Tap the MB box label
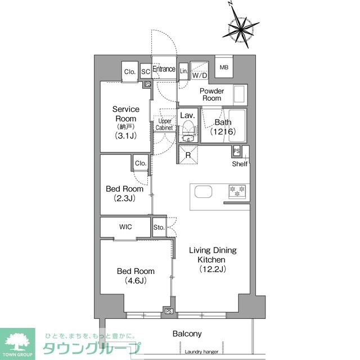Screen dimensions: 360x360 224,67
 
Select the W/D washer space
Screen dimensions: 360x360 200,75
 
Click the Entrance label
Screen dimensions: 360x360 164,70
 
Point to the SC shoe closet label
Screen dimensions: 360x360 145,71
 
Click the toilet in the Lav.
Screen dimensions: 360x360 187,133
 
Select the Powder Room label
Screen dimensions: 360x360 211,94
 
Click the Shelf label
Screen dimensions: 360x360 240,164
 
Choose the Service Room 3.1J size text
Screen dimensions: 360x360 125,136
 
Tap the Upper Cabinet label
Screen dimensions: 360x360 164,124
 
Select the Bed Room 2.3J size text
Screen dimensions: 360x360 125,199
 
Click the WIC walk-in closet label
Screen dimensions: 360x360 125,227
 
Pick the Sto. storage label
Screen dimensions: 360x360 159,227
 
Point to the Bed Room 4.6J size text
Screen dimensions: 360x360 132,281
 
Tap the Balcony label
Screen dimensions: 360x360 187,334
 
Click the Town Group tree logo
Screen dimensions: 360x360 17,341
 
